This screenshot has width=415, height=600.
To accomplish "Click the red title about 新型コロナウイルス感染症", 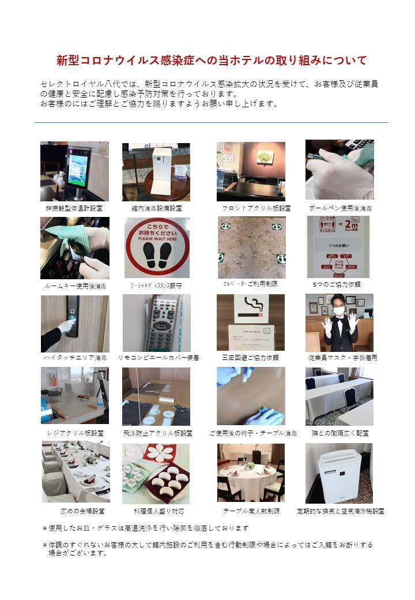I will (x=212, y=60).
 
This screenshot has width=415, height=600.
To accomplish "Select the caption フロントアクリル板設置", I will (x=256, y=208).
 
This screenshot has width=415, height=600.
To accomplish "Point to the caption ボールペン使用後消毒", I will (x=340, y=207).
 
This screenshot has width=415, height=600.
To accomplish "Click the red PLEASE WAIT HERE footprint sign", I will (x=157, y=247).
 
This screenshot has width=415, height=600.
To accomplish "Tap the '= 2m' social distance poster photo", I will (x=339, y=247).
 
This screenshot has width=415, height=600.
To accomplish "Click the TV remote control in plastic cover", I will (x=156, y=322).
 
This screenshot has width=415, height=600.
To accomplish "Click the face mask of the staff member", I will (x=338, y=310).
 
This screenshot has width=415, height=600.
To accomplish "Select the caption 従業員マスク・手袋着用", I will (x=342, y=358).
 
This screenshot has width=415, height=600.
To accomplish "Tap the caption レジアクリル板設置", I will (x=75, y=433).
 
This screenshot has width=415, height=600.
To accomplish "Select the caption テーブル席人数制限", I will (x=251, y=511).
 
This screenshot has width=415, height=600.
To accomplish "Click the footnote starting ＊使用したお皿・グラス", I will (x=145, y=528).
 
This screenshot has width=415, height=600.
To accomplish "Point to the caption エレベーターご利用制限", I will (x=250, y=284).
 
